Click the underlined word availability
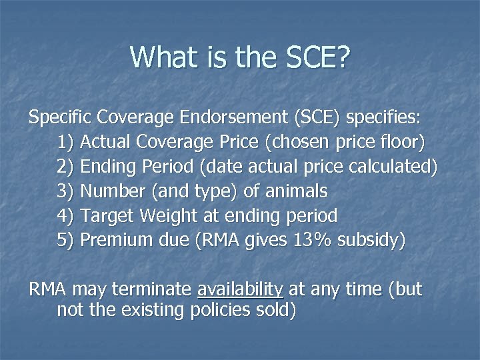241,289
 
